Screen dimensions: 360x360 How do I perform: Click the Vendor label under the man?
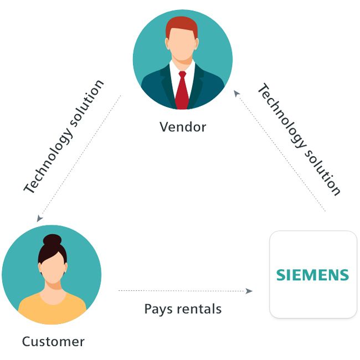click(x=182, y=127)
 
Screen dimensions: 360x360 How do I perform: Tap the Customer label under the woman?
click(x=53, y=341)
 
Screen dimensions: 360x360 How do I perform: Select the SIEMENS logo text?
click(x=312, y=275)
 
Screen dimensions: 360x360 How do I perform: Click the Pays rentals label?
click(x=183, y=308)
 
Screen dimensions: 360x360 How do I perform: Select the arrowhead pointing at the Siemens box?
click(x=249, y=291)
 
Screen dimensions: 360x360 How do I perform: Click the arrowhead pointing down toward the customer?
click(x=39, y=219)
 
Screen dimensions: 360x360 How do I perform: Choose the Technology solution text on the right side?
click(x=300, y=139)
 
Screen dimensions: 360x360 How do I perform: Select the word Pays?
click(x=157, y=309)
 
